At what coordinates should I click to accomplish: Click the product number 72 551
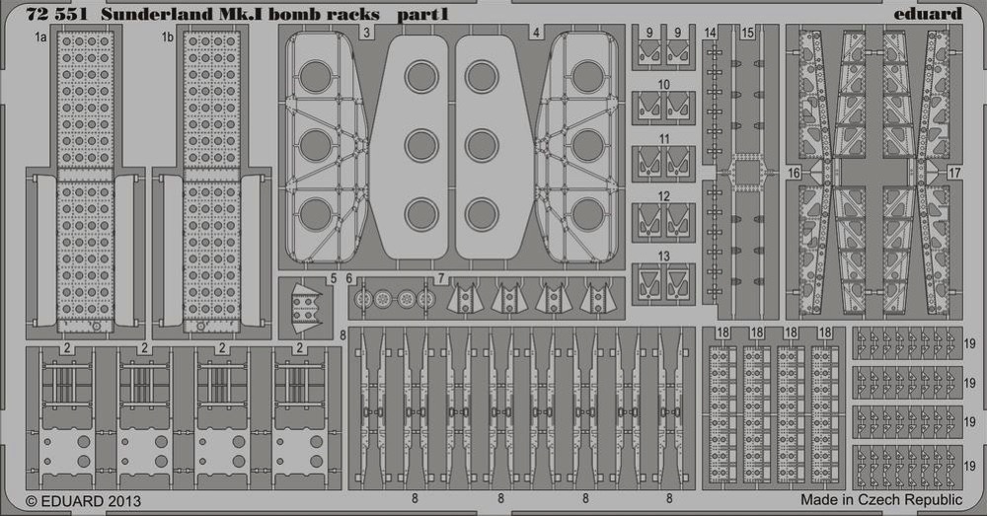click(x=56, y=13)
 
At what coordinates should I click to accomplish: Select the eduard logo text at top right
click(x=928, y=13)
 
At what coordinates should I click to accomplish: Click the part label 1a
click(x=40, y=37)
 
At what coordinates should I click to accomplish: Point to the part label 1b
click(x=167, y=37)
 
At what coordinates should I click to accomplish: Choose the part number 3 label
click(x=366, y=33)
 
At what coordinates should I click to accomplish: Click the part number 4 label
click(x=536, y=33)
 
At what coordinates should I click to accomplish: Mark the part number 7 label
click(x=441, y=278)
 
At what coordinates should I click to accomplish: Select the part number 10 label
click(x=663, y=84)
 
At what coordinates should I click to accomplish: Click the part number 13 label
click(x=663, y=257)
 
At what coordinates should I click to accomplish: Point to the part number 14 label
click(x=711, y=33)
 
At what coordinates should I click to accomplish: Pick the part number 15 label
click(x=747, y=33)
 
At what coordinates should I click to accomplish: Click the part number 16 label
click(x=794, y=173)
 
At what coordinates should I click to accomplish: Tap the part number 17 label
click(x=954, y=173)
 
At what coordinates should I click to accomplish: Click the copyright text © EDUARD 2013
click(x=84, y=501)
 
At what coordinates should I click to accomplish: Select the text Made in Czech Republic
click(x=881, y=499)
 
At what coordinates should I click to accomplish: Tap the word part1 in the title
click(x=422, y=14)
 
